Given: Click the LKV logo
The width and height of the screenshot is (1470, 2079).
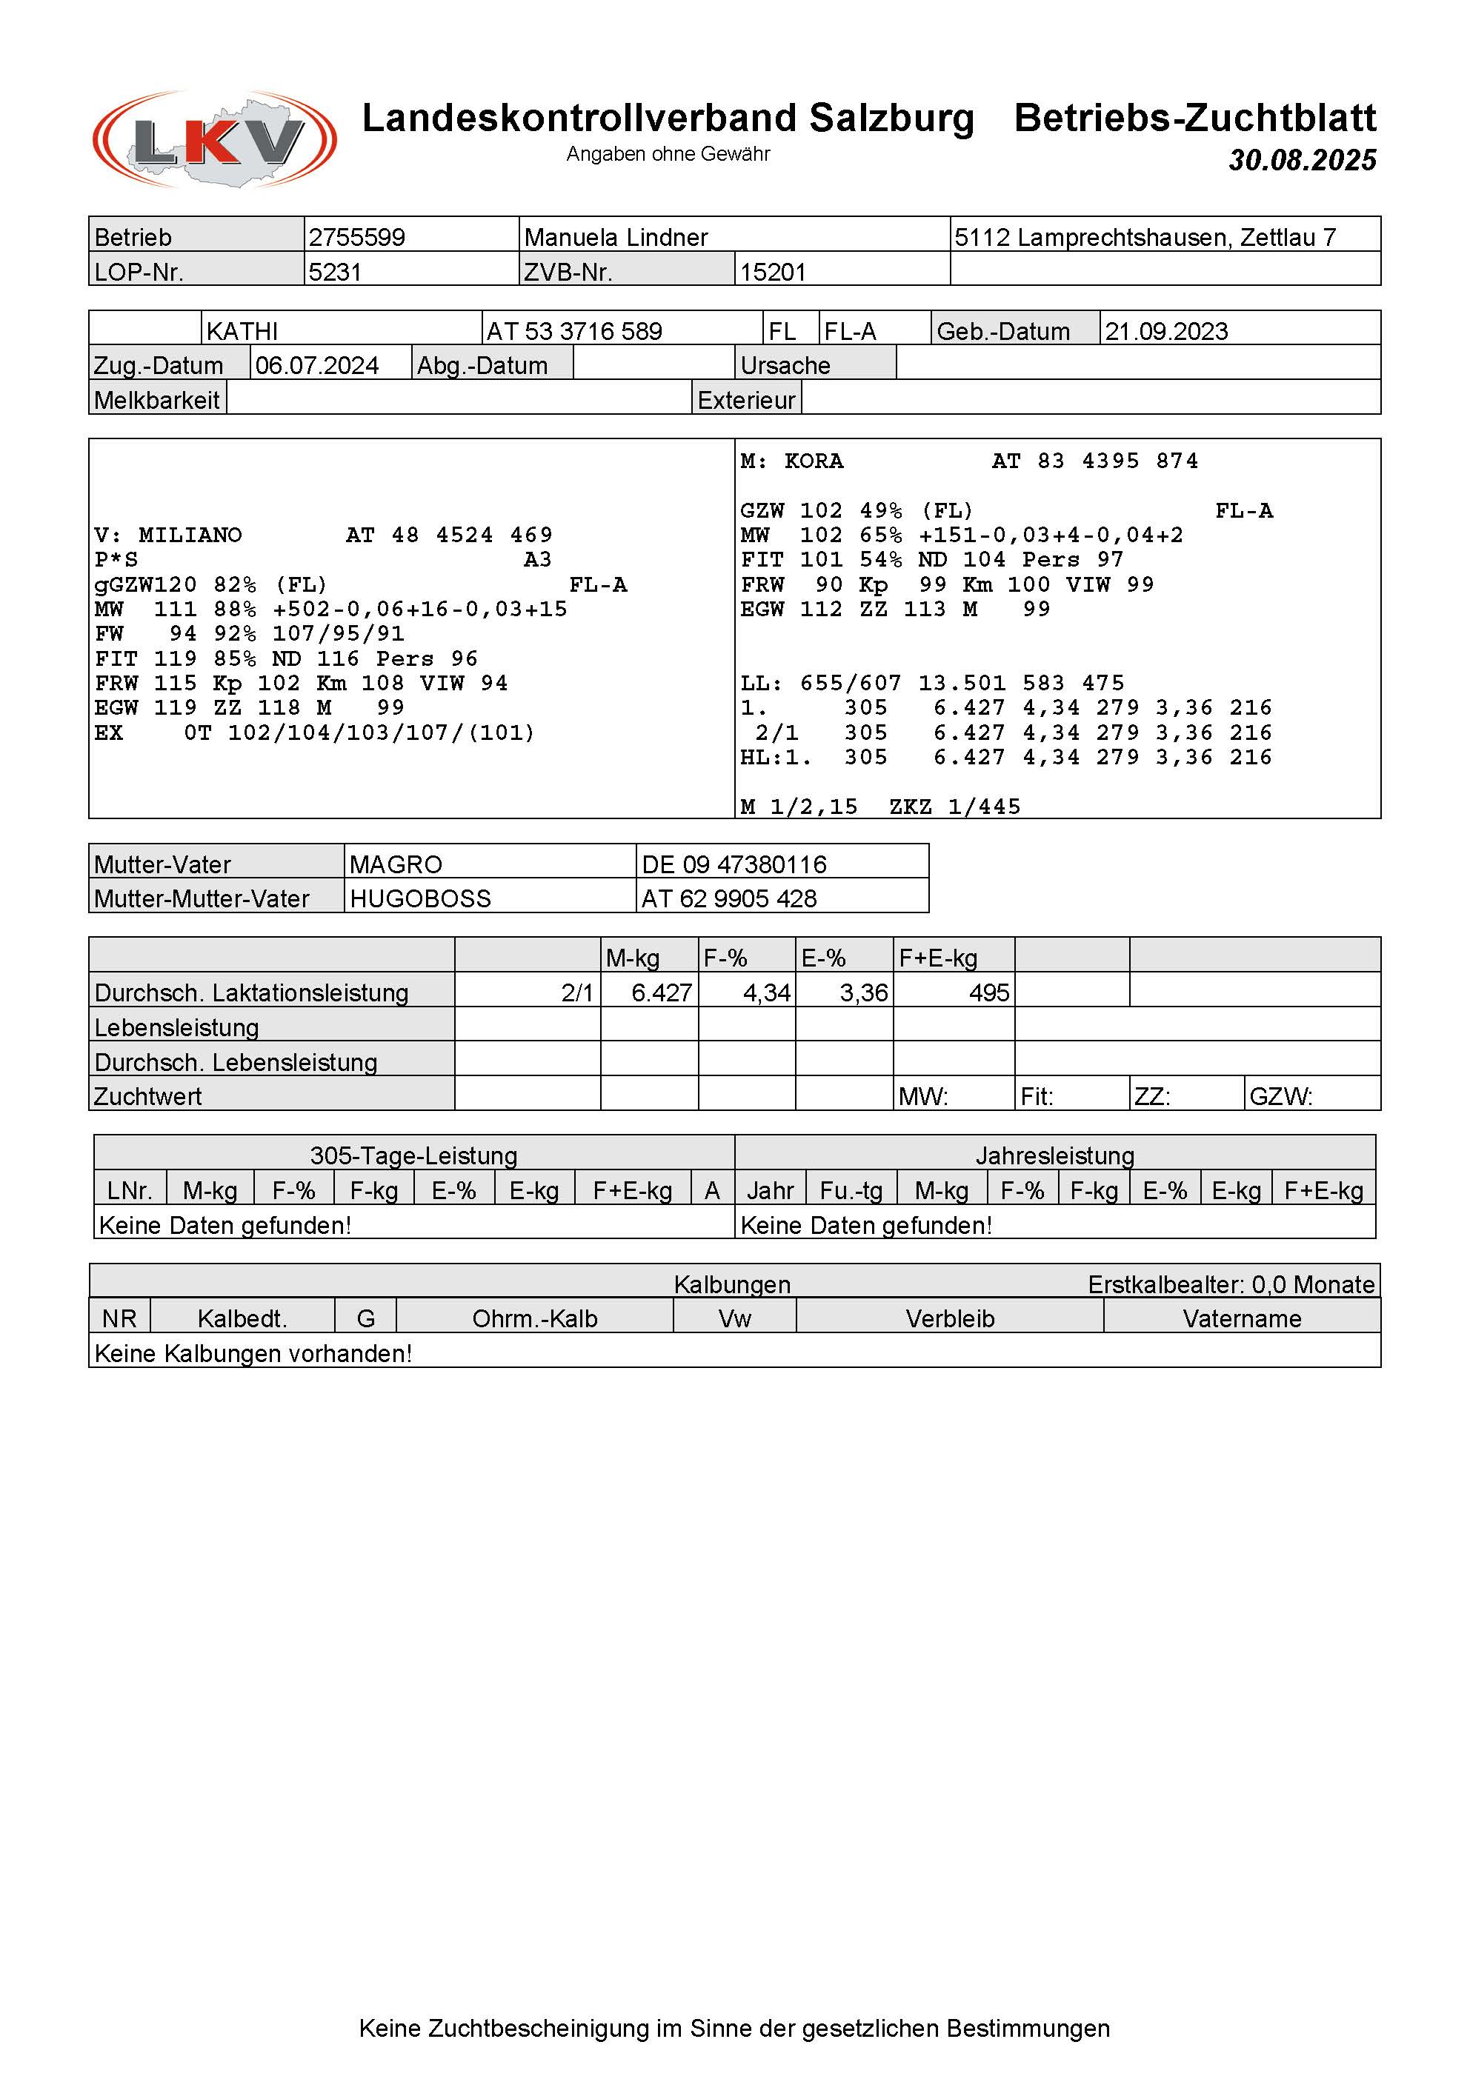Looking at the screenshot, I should (215, 139).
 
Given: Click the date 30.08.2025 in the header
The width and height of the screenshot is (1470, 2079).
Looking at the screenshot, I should (1302, 160).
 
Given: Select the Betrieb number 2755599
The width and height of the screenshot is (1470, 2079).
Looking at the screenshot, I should (357, 237).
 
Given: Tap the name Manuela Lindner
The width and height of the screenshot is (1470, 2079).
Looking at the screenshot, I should (616, 237).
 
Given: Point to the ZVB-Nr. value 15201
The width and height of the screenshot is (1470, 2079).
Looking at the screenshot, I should (773, 272).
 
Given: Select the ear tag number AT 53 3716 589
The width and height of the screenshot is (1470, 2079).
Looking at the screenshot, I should (574, 330).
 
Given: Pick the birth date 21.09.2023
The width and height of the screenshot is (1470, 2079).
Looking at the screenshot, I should (1166, 330).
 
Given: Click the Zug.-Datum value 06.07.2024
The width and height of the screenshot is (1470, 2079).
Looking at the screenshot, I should (317, 365).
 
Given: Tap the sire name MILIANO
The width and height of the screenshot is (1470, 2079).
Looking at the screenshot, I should (190, 535).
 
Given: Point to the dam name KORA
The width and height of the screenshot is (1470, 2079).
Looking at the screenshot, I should (814, 461).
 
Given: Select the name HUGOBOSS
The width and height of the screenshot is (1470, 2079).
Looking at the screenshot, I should (420, 898).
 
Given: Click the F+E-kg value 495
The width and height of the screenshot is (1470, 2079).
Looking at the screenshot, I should (988, 992).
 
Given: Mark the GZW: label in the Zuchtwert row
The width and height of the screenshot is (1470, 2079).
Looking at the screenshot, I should (1280, 1097).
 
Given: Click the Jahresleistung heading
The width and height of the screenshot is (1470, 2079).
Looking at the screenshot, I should (1054, 1155).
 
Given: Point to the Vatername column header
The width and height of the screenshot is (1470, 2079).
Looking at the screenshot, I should (1242, 1318).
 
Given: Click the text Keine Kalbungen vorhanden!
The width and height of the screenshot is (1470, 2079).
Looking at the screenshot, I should (253, 1353).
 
